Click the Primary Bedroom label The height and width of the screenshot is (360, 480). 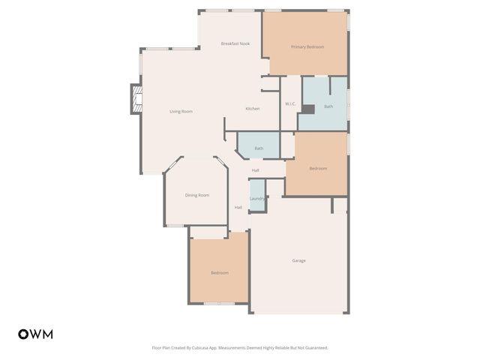click(307, 47)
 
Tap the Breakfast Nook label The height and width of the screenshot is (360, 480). click(235, 43)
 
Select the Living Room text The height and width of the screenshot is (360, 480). click(181, 112)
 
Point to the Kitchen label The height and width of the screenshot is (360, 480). click(253, 109)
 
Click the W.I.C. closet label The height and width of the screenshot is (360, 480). click(290, 103)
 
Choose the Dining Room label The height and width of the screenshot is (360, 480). click(197, 195)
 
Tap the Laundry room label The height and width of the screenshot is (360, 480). click(257, 199)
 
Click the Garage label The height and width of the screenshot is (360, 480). click(298, 260)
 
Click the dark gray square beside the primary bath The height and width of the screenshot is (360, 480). click(307, 108)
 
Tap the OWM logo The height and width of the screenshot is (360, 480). click(35, 334)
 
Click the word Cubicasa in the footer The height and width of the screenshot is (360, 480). click(199, 348)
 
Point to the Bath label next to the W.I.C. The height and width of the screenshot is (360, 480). click(328, 106)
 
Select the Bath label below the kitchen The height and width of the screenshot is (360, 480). click(259, 148)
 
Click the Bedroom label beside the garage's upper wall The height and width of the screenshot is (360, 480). click(318, 168)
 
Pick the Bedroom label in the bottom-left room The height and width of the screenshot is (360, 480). click(219, 272)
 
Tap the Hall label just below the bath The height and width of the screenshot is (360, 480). click(256, 170)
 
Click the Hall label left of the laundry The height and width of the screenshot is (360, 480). click(238, 207)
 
